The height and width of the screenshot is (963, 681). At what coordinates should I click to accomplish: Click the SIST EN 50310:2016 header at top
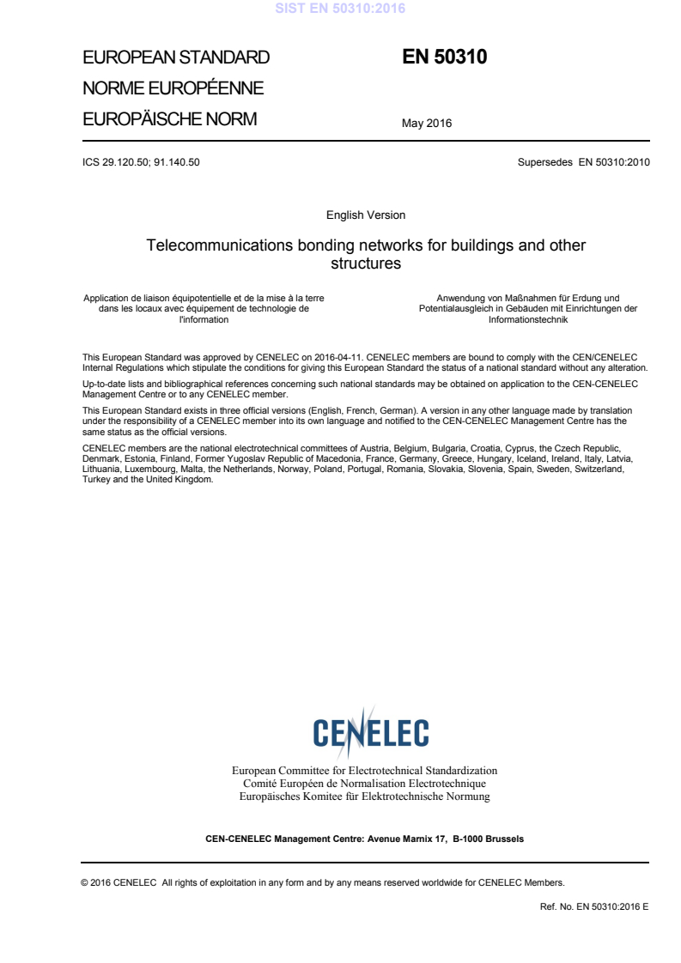pos(340,9)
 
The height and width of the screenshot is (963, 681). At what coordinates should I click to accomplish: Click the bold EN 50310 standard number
pos(444,58)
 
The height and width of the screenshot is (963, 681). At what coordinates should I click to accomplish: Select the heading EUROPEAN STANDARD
pos(176,58)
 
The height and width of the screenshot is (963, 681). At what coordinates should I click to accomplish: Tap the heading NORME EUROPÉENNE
pos(173,88)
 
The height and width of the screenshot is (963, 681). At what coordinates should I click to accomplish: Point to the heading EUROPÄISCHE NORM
pos(169,119)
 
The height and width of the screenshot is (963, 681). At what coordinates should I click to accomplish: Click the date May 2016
pos(427,124)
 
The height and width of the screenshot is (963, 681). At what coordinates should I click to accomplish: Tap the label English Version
pos(366,215)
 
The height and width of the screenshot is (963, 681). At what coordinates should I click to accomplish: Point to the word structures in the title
pos(366,263)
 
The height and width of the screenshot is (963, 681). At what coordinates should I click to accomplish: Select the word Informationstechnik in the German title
pos(528,319)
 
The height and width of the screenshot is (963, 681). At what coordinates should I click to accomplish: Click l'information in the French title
pos(204,319)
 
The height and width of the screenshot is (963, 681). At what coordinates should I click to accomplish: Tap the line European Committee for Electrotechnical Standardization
pos(365,771)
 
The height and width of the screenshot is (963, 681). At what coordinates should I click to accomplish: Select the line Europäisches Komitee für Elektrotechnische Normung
pos(365,796)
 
